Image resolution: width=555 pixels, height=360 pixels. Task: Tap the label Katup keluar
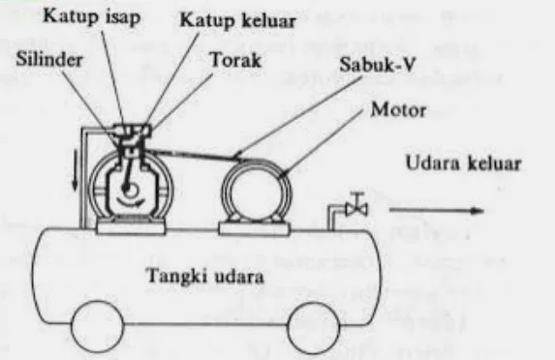tap(217, 17)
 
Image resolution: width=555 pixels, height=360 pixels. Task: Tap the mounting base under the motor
tap(257, 228)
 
